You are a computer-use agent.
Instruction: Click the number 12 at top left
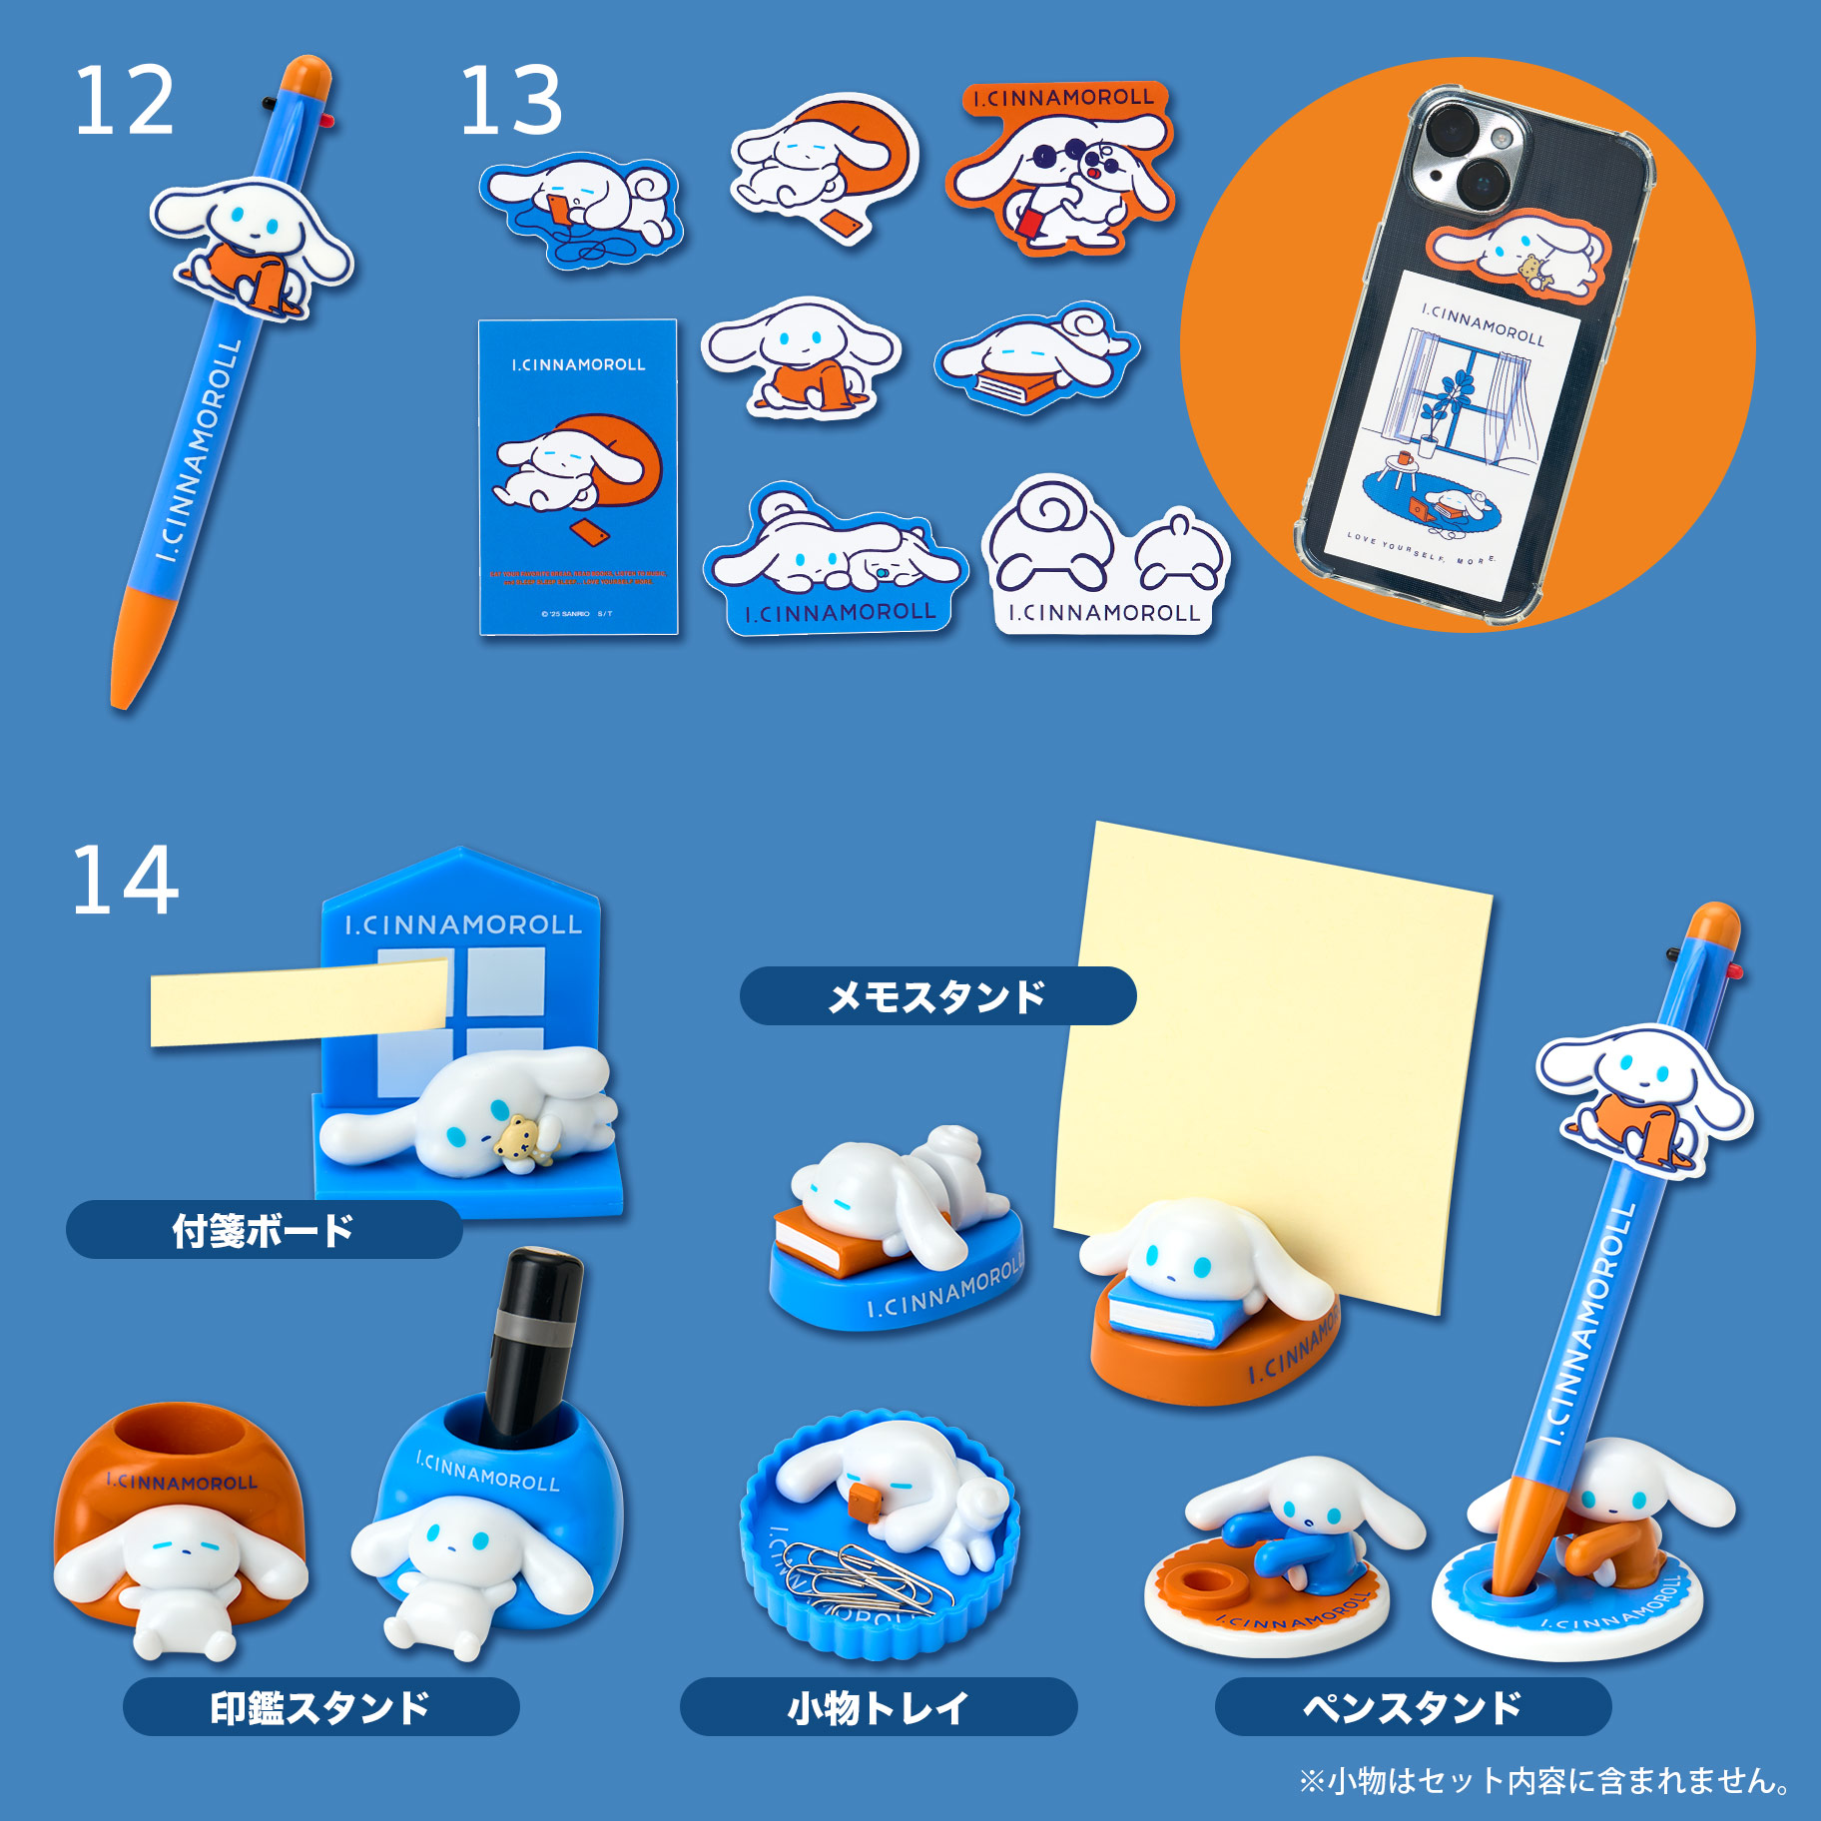pyautogui.click(x=124, y=101)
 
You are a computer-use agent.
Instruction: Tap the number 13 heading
pyautogui.click(x=510, y=101)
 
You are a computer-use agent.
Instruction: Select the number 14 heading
pyautogui.click(x=125, y=880)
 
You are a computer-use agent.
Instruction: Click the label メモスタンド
pyautogui.click(x=936, y=995)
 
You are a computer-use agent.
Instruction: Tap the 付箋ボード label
pyautogui.click(x=264, y=1230)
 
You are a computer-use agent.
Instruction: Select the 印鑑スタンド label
pyautogui.click(x=320, y=1707)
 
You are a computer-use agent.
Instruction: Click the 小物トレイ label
pyautogui.click(x=878, y=1707)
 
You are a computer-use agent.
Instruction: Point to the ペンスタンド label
pyautogui.click(x=1412, y=1707)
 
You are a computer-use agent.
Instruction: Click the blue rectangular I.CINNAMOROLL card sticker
pyautogui.click(x=578, y=477)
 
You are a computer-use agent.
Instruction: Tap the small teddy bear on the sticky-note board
pyautogui.click(x=521, y=1142)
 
